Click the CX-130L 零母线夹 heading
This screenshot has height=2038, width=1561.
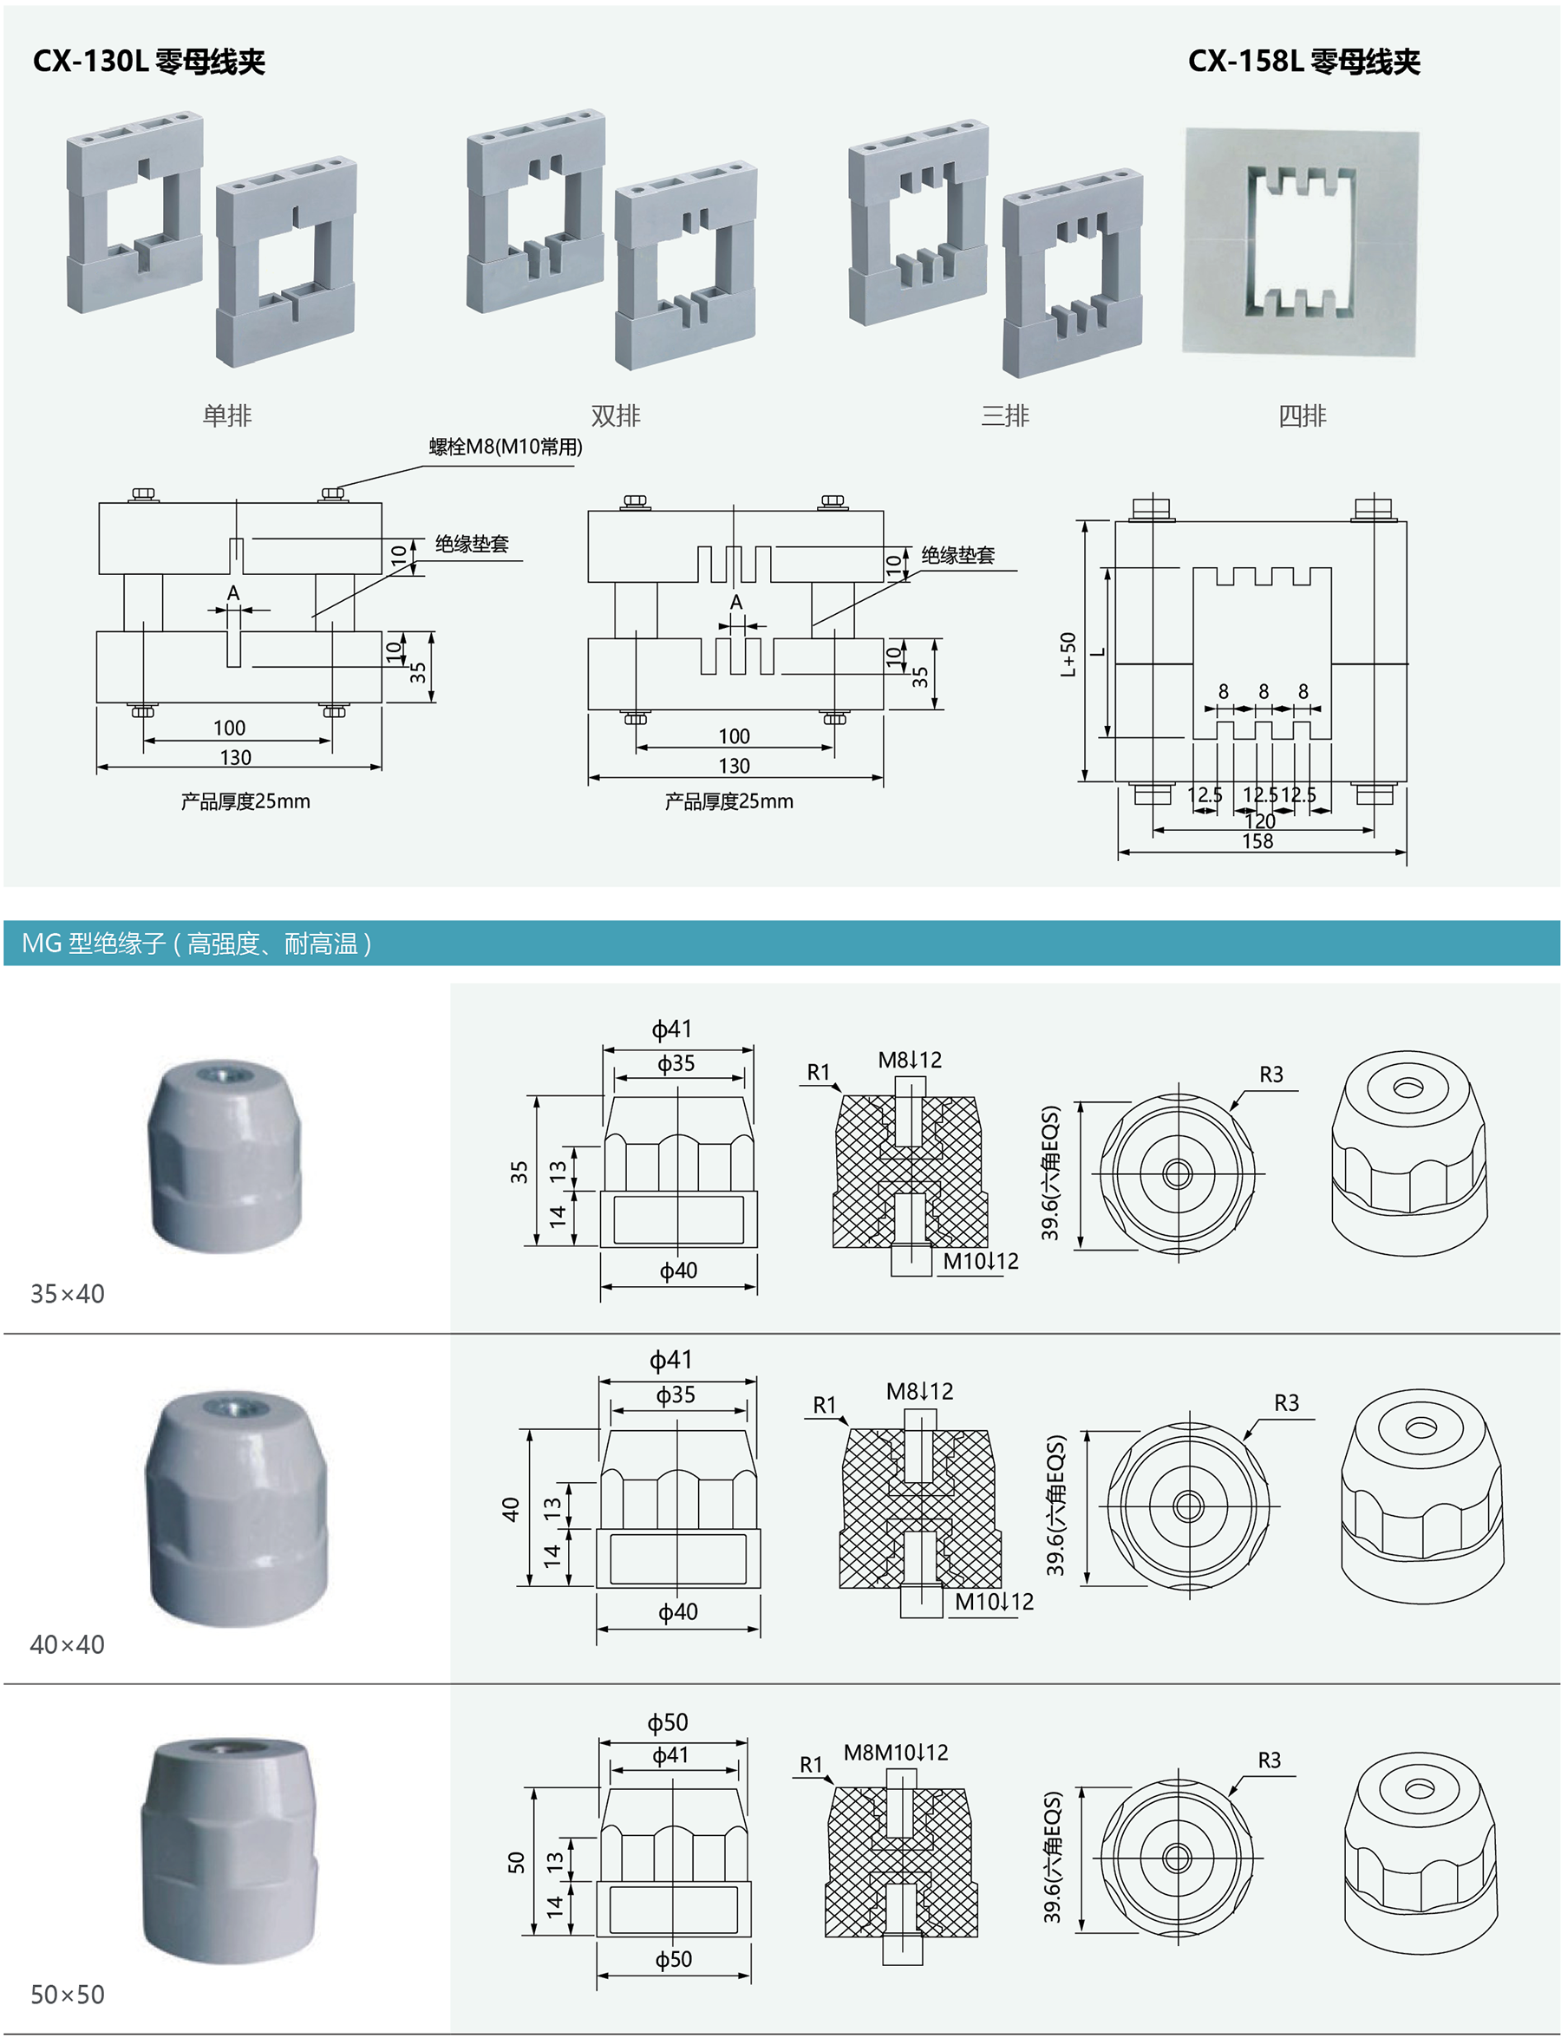point(148,62)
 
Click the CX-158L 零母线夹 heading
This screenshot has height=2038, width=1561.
point(1303,62)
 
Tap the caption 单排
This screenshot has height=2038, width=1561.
point(226,415)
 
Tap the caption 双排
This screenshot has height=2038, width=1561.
point(615,415)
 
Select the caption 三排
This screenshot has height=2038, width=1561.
point(1004,415)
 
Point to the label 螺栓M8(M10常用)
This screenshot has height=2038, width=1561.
point(506,447)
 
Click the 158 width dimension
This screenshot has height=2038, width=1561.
point(1257,841)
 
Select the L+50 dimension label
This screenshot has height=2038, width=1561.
point(1068,654)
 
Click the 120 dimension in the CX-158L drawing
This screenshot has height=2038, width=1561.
point(1260,821)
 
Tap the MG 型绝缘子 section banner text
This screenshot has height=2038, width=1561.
point(197,944)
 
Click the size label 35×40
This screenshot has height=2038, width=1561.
point(67,1294)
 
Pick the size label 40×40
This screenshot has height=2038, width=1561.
point(67,1644)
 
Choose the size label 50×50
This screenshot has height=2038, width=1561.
point(67,1995)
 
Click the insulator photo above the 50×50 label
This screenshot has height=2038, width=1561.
point(229,1849)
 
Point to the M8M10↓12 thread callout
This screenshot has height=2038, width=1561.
point(896,1753)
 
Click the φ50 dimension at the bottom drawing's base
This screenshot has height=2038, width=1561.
point(674,1960)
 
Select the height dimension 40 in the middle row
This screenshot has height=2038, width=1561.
point(510,1509)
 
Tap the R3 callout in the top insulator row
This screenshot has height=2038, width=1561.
point(1271,1075)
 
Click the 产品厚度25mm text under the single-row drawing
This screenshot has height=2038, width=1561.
point(245,801)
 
